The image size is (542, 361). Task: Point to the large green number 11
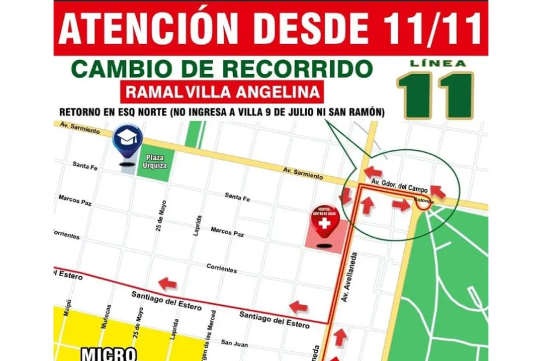[435, 96]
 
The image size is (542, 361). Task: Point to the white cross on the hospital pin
[325, 224]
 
